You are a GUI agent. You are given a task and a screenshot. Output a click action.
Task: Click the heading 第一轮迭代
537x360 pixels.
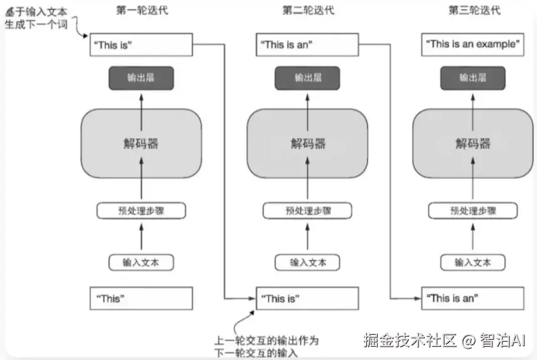[142, 11]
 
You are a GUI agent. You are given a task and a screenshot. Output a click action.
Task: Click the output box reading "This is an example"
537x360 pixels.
[472, 45]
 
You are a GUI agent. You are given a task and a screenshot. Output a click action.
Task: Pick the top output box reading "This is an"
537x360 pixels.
[307, 45]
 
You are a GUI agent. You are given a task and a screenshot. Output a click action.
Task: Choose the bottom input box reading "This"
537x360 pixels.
[141, 299]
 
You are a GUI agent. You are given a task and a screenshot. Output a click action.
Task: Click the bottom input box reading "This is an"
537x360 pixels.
[472, 299]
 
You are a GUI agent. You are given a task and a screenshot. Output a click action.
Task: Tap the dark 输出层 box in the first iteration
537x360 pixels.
[141, 78]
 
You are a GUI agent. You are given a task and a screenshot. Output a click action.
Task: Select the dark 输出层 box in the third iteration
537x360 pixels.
[472, 78]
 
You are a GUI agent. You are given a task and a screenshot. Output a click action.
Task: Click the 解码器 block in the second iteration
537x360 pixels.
[307, 143]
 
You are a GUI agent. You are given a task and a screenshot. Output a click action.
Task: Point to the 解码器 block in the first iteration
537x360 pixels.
[141, 143]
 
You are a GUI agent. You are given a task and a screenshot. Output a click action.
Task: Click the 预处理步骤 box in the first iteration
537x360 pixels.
[141, 211]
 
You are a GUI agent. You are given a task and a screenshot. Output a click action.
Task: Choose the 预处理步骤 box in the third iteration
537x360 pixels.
[472, 211]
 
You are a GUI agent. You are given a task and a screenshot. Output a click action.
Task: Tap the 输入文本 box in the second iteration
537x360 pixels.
[307, 262]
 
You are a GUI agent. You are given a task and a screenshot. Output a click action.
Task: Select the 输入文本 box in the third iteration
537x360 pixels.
[472, 262]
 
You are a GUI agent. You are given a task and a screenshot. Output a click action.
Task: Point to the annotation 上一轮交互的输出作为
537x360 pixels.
[267, 341]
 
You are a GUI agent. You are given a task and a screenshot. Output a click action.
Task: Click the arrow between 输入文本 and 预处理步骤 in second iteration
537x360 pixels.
[307, 236]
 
